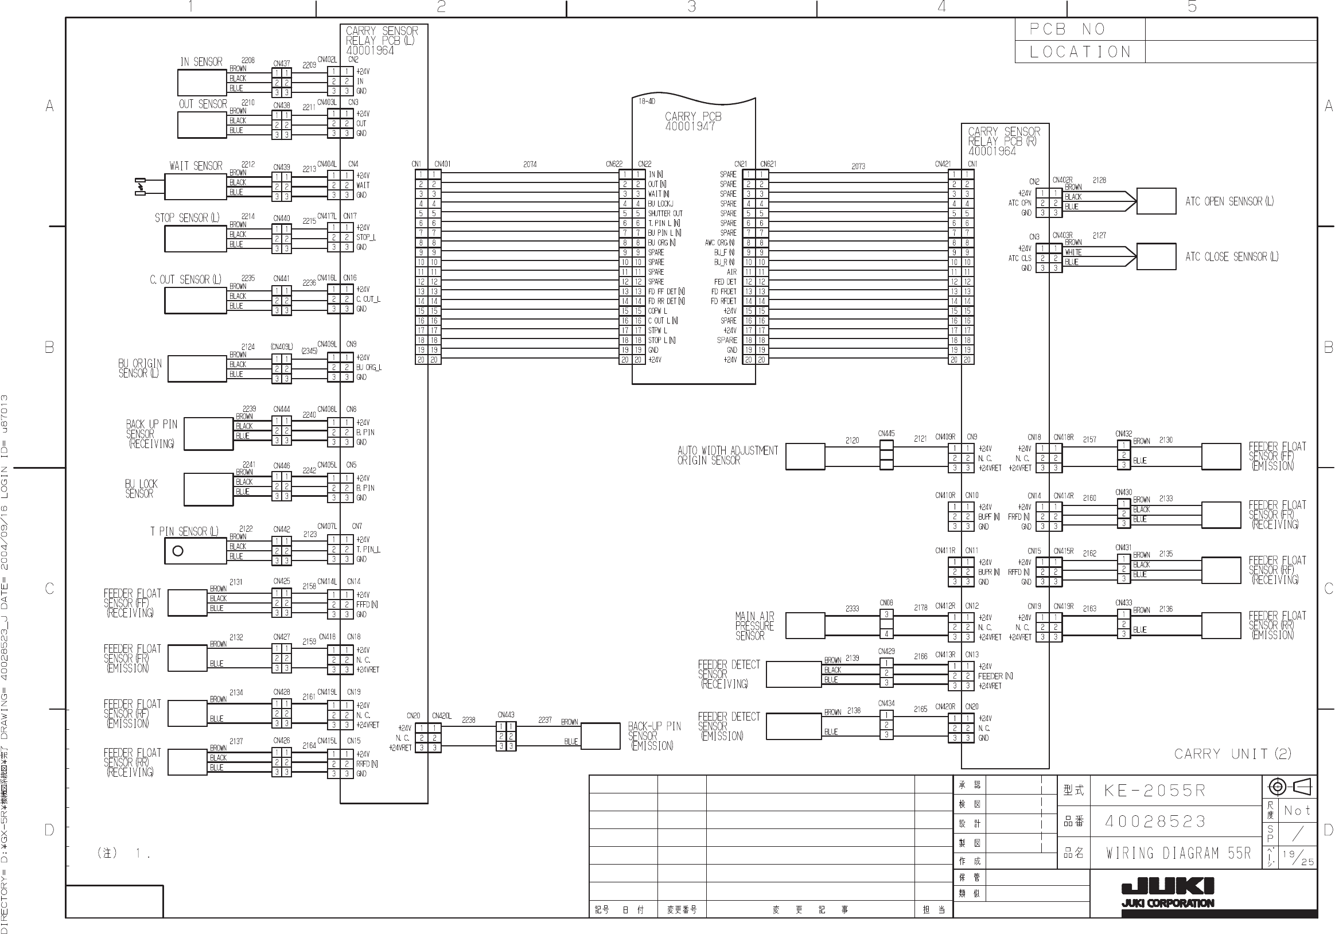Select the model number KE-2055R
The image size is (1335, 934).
coord(1155,791)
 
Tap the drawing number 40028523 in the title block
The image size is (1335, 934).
coord(1155,821)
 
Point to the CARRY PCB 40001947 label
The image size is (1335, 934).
coord(692,121)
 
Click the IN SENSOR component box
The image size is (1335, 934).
coord(201,82)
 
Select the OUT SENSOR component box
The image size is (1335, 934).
coord(201,124)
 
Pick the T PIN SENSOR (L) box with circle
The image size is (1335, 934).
coord(195,551)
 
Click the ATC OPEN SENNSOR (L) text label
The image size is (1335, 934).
coord(1229,201)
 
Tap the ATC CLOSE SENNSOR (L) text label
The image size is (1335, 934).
coord(1232,256)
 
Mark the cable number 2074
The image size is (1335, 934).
coord(530,165)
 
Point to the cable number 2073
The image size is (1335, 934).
coord(858,166)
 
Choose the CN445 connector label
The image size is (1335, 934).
coord(886,433)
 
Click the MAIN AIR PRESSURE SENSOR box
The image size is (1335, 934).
coord(805,626)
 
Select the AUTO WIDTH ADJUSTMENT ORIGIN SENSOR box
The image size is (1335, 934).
coord(805,457)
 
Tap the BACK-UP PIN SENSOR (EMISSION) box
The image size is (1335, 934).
coord(601,736)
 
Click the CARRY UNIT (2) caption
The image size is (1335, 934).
coord(1232,754)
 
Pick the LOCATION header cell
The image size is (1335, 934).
coord(1080,52)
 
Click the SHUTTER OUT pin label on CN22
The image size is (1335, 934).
coord(665,213)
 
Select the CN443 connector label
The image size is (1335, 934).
coord(506,714)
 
